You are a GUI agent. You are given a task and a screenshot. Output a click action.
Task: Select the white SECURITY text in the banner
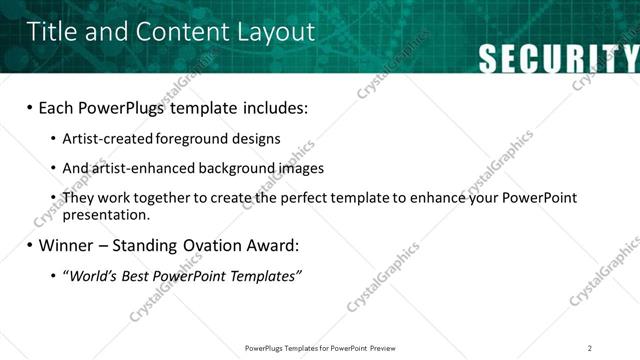point(558,59)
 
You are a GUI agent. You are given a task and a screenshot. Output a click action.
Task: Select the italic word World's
point(91,275)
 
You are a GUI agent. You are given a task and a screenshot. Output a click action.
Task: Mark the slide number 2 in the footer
point(590,348)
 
